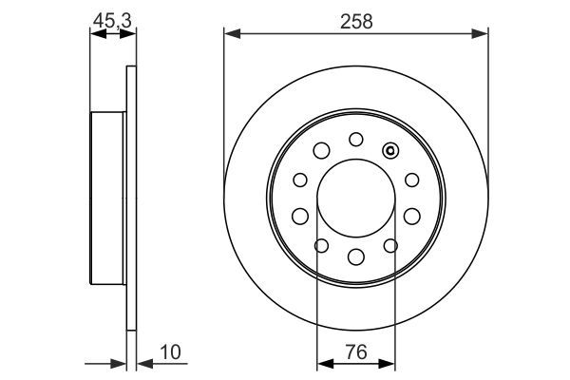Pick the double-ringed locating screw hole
coord(389,150)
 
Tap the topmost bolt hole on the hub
coord(355,139)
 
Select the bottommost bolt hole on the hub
coord(355,256)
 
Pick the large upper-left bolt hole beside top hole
coord(321,150)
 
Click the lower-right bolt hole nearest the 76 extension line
coord(389,245)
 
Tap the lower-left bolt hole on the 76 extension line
coord(321,245)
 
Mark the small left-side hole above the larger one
coord(299,180)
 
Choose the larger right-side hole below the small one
coord(411,215)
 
